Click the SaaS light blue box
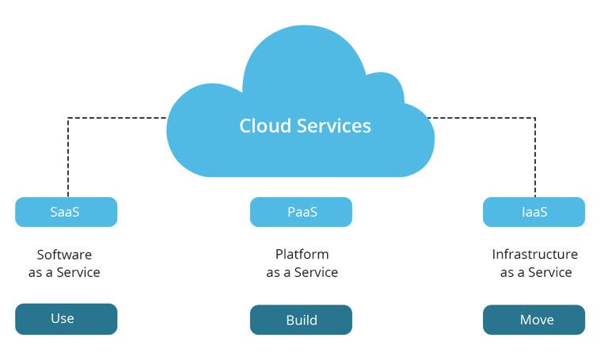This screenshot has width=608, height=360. (x=66, y=212)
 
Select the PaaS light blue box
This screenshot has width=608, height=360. (x=301, y=212)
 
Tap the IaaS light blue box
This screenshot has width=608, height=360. (x=534, y=212)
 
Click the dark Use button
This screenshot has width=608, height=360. (x=66, y=319)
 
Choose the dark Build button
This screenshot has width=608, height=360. (x=301, y=320)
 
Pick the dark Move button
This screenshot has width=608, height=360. (x=534, y=320)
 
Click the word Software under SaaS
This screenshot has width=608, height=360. (x=64, y=255)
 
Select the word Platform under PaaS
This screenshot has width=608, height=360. (x=302, y=255)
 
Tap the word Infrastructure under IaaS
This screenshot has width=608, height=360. (x=534, y=255)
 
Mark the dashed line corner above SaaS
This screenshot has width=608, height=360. (x=68, y=119)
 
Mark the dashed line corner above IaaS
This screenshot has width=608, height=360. (x=535, y=119)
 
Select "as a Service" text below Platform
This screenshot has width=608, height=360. (x=302, y=272)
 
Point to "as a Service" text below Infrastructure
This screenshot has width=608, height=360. (x=535, y=272)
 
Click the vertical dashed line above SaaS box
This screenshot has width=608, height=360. (x=68, y=158)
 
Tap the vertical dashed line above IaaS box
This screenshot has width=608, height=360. (x=535, y=158)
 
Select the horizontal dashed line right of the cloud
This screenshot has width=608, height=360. (x=483, y=119)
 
